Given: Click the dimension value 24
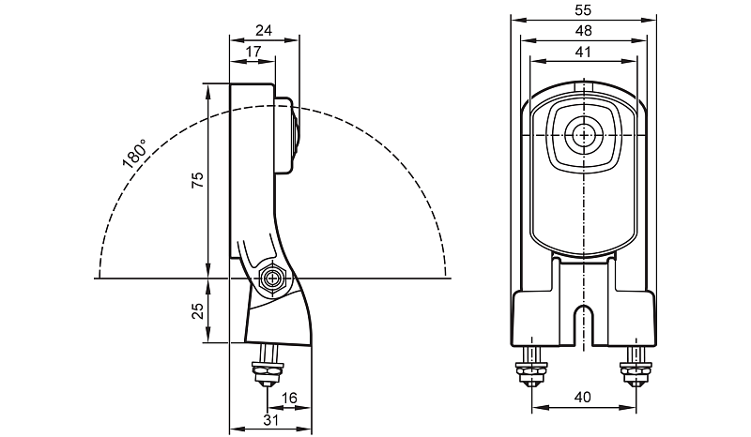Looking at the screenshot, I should pyautogui.click(x=264, y=30).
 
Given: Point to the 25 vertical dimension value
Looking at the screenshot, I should pyautogui.click(x=197, y=311).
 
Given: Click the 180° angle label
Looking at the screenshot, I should pyautogui.click(x=134, y=154).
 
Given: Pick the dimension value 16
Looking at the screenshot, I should pyautogui.click(x=289, y=399).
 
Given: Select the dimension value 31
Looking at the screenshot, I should pyautogui.click(x=271, y=420).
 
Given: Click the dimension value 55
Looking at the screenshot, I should pyautogui.click(x=583, y=10).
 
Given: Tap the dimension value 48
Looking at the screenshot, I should pyautogui.click(x=583, y=30).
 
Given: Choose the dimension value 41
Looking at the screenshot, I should pyautogui.click(x=583, y=53).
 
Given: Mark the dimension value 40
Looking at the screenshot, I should pyautogui.click(x=583, y=398).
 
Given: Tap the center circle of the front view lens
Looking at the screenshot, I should pyautogui.click(x=586, y=134).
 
